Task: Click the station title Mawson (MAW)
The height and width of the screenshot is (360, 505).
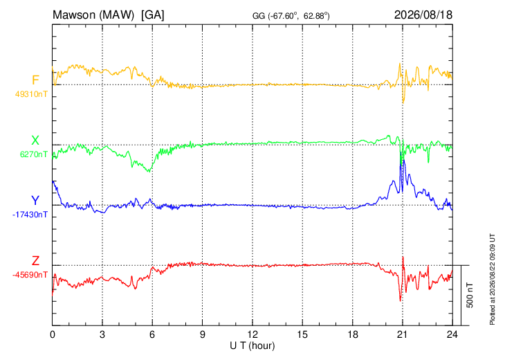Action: pyautogui.click(x=93, y=15)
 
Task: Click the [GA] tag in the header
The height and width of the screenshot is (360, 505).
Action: pyautogui.click(x=152, y=15)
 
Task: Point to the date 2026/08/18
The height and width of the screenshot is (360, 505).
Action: pyautogui.click(x=423, y=15)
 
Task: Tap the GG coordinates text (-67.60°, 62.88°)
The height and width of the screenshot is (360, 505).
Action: pyautogui.click(x=300, y=16)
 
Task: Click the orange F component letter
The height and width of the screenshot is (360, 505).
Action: pyautogui.click(x=35, y=80)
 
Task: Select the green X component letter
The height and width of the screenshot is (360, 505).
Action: pyautogui.click(x=35, y=141)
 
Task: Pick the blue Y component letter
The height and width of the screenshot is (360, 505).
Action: pyautogui.click(x=35, y=201)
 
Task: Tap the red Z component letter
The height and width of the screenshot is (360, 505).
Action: pyautogui.click(x=35, y=260)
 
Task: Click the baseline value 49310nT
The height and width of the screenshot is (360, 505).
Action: pyautogui.click(x=31, y=94)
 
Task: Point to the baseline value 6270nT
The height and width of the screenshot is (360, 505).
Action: pyautogui.click(x=33, y=154)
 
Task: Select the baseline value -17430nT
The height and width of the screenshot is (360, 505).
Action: pyautogui.click(x=30, y=215)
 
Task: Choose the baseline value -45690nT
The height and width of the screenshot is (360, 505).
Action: pyautogui.click(x=30, y=275)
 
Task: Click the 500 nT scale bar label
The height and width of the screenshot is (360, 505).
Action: pyautogui.click(x=470, y=295)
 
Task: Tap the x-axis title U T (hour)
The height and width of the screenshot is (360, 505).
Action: pyautogui.click(x=252, y=346)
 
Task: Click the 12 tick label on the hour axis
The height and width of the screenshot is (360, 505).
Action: pyautogui.click(x=252, y=334)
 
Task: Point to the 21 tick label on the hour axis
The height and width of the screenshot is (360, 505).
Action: pyautogui.click(x=402, y=334)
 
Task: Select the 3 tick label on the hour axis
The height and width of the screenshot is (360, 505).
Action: pyautogui.click(x=102, y=334)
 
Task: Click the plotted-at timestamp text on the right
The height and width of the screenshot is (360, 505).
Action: pyautogui.click(x=493, y=279)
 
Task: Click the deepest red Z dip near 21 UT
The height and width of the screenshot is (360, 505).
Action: pyautogui.click(x=401, y=301)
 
